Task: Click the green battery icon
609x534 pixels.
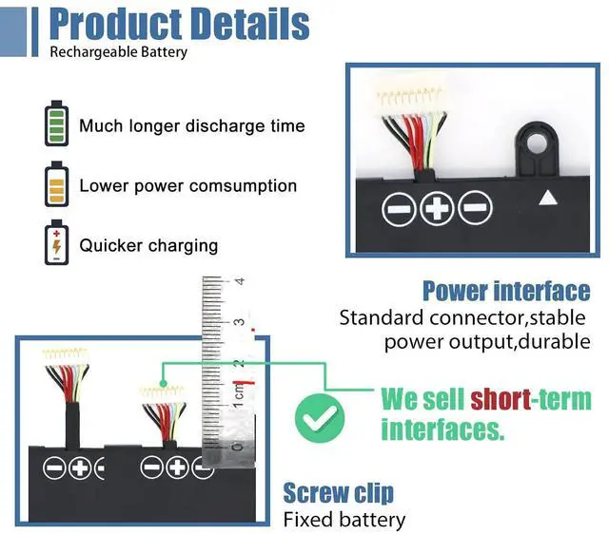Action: [57, 124]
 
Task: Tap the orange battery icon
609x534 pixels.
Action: [57, 185]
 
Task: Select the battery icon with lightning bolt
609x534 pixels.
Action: [57, 244]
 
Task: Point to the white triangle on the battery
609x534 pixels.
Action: [547, 199]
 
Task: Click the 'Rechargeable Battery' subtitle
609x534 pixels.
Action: [118, 52]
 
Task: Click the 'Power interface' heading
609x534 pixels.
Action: [506, 291]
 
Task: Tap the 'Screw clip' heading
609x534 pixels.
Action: [339, 493]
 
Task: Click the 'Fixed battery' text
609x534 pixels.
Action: [344, 520]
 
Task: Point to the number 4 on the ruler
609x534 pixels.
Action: [240, 281]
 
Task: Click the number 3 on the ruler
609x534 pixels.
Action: [240, 322]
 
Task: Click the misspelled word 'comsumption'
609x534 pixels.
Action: [243, 186]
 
